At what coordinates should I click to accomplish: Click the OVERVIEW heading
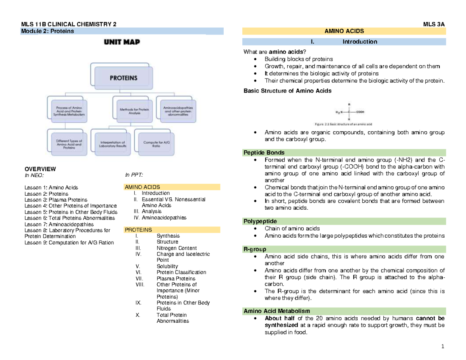[x=40, y=169]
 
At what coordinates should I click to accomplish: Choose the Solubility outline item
[x=167, y=266]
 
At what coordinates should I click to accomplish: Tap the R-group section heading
[x=255, y=249]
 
